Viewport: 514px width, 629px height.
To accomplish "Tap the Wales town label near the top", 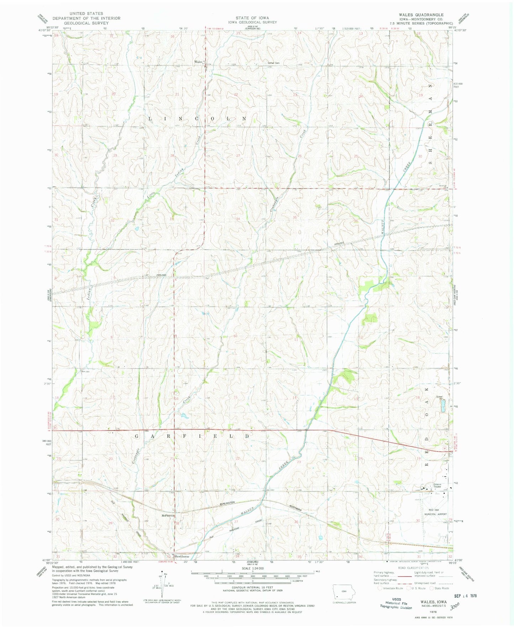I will pyautogui.click(x=198, y=62).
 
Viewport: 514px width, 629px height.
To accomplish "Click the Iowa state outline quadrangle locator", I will pyautogui.click(x=343, y=592).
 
